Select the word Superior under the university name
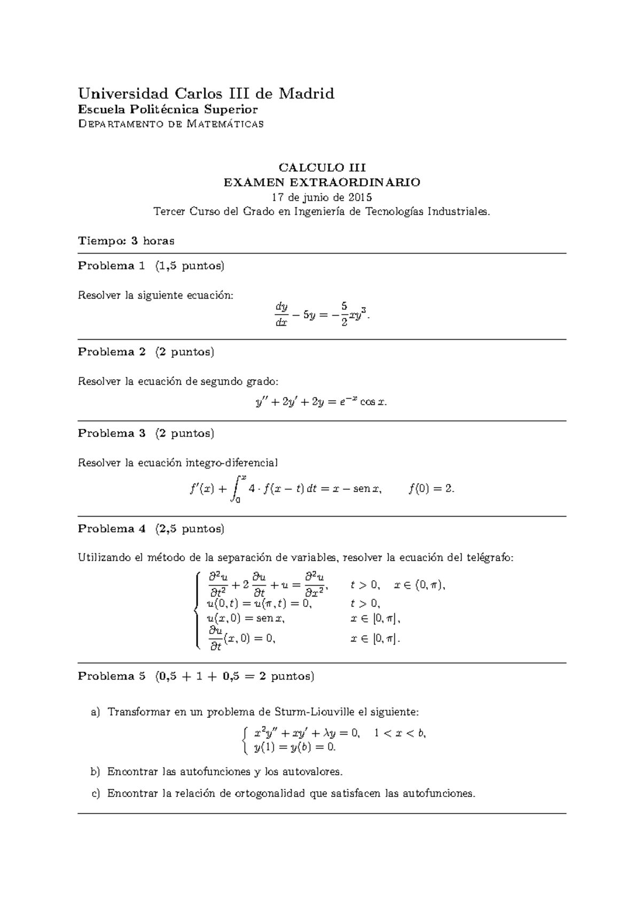click(x=231, y=110)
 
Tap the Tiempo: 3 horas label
click(x=126, y=240)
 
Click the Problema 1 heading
click(x=111, y=266)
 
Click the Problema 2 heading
click(x=111, y=352)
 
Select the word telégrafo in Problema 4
click(x=490, y=558)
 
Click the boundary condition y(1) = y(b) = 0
click(x=295, y=747)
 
